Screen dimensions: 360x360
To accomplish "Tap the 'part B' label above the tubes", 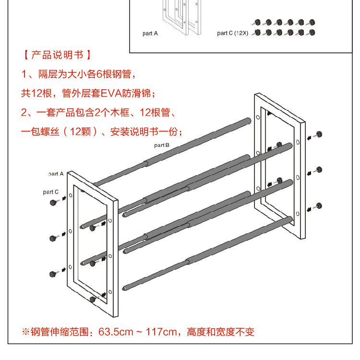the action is [162, 145].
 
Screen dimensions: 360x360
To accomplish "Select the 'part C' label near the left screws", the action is [50, 192].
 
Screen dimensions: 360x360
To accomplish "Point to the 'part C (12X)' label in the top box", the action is [232, 33].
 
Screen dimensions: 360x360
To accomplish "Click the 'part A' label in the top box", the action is [150, 33].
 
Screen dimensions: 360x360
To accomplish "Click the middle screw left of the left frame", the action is [53, 238].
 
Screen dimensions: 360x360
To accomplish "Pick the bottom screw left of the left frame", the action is [53, 274].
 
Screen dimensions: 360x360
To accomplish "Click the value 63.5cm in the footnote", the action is [116, 332].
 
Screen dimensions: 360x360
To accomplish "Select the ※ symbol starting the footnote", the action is [26, 332].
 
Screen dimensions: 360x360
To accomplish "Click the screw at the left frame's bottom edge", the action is [93, 300].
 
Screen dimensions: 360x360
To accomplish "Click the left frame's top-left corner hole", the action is [71, 195].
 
